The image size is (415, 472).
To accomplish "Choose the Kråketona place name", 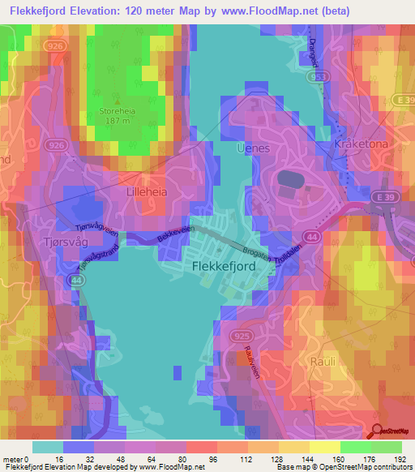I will [x=361, y=144].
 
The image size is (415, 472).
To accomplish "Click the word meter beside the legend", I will [x=14, y=460].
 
